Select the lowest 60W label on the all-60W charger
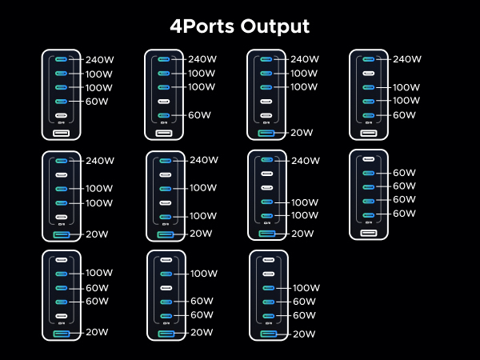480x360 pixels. pos(405,214)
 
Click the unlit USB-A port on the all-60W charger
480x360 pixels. pos(369,233)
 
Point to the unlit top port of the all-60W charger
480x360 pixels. pos(369,159)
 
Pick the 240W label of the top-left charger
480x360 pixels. pos(101,59)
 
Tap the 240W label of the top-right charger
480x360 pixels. pos(408,59)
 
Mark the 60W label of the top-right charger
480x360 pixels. pos(405,115)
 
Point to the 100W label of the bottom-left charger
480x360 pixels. pos(101,274)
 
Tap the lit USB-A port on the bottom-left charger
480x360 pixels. pos(61,334)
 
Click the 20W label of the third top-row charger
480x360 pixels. pos(302,133)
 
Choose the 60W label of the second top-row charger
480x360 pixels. pos(200,115)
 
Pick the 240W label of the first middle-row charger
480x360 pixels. pos(101,161)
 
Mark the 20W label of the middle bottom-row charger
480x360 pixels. pos(202,333)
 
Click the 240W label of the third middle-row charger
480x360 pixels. pos(306,161)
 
